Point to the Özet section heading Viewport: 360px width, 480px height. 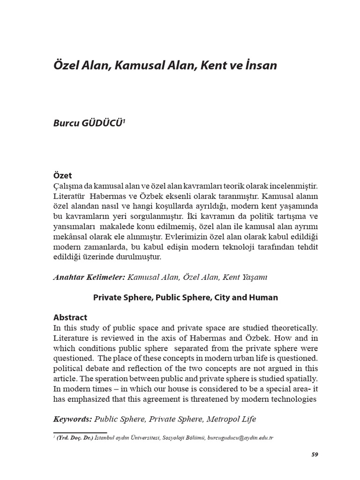coord(63,176)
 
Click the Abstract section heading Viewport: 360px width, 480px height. coord(70,317)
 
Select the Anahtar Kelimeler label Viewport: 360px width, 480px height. coord(89,277)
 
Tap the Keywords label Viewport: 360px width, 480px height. coord(73,419)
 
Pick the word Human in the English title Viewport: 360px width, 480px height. coord(265,298)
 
